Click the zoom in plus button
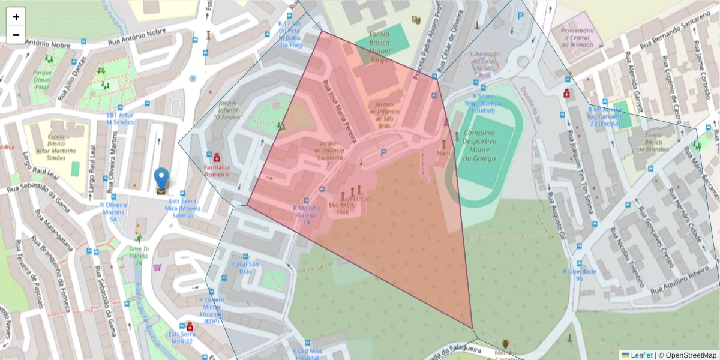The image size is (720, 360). pyautogui.click(x=16, y=17)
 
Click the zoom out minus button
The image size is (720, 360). pyautogui.click(x=16, y=35)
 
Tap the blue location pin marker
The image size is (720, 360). pyautogui.click(x=161, y=179)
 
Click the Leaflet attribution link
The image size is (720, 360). pyautogui.click(x=641, y=355)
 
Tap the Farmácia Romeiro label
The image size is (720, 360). pyautogui.click(x=217, y=170)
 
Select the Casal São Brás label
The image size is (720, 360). pyautogui.click(x=245, y=268)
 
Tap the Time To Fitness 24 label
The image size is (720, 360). pyautogui.click(x=139, y=256)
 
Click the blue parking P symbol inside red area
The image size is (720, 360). pyautogui.click(x=383, y=154)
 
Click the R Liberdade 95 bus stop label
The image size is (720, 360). pyautogui.click(x=580, y=275)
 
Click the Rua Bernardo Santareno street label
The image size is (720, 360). pyautogui.click(x=678, y=36)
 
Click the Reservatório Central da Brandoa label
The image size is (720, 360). pyautogui.click(x=577, y=37)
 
